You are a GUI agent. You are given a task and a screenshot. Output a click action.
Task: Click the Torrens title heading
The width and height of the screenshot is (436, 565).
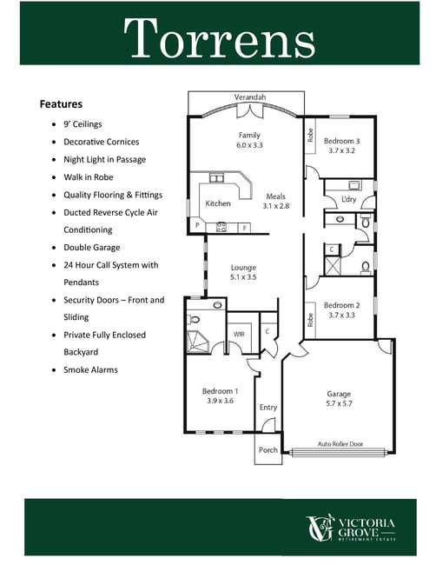[219, 37]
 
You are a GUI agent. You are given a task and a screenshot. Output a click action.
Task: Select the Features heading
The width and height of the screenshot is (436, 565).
[61, 104]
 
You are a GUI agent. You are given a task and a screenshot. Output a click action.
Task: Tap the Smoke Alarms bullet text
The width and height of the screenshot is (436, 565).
[90, 369]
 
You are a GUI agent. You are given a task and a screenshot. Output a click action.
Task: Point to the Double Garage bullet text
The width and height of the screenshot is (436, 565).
[92, 248]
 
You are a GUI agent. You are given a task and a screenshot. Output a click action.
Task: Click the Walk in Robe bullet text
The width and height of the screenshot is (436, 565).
[89, 177]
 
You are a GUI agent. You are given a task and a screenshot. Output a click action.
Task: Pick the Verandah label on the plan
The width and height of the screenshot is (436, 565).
[250, 97]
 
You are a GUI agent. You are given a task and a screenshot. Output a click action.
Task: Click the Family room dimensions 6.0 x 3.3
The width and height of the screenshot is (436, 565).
[249, 145]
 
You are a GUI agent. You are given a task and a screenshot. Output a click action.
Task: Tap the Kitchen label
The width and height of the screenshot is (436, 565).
[218, 203]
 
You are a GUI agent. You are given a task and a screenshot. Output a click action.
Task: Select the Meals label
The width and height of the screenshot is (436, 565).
[276, 196]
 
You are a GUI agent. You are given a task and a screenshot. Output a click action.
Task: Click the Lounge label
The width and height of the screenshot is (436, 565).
[243, 268]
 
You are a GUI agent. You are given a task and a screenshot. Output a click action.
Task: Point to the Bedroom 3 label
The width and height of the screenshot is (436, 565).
[341, 141]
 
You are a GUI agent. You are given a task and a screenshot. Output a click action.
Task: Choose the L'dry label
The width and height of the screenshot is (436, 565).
[348, 199]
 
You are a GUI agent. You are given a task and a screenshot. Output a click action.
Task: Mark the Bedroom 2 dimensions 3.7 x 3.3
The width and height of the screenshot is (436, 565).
[341, 316]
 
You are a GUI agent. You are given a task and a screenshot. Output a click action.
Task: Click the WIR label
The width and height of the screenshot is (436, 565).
[239, 335]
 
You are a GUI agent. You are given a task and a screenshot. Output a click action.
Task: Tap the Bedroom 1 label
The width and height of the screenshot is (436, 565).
[220, 391]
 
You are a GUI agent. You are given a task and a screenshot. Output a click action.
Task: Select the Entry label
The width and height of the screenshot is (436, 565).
[268, 408]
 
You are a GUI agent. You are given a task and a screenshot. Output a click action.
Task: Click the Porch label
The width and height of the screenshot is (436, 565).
[268, 450]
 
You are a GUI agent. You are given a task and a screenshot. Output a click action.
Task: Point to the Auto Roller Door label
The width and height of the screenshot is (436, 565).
[340, 444]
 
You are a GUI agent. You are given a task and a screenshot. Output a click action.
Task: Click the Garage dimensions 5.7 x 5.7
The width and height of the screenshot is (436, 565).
[339, 403]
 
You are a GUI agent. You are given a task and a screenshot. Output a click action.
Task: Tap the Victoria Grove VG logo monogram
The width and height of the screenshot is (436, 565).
[320, 528]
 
